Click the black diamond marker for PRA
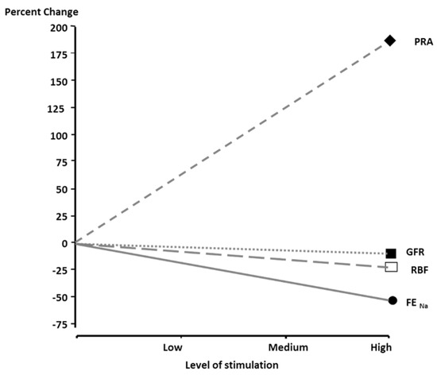tap(390, 41)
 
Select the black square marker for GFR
tap(391, 253)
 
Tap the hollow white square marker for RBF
tap(391, 267)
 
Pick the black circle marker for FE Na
tap(392, 300)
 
